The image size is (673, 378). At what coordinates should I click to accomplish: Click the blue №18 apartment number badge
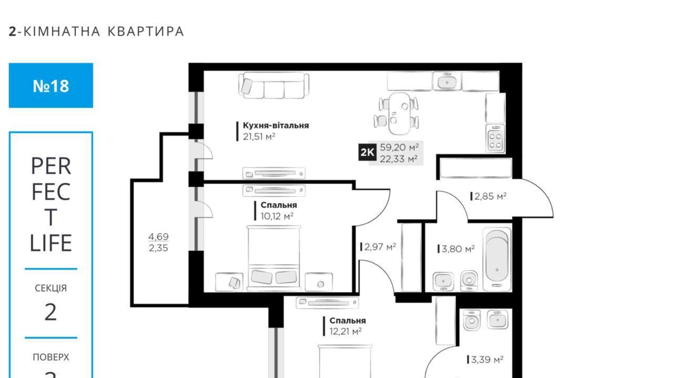(51, 85)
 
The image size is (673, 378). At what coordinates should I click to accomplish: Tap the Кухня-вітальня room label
(276, 125)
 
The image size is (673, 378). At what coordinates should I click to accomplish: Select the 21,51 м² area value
(259, 137)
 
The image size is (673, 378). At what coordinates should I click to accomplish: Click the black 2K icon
(367, 152)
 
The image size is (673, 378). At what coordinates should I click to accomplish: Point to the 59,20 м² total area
(399, 147)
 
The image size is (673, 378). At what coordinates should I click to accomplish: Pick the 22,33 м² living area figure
(399, 159)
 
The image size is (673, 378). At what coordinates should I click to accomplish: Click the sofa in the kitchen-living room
(274, 85)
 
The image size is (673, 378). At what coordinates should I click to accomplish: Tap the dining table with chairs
(397, 113)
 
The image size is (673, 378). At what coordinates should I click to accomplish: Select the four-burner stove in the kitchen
(495, 138)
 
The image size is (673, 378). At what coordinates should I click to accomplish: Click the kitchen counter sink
(447, 81)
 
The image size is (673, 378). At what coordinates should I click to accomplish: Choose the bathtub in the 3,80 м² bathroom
(497, 259)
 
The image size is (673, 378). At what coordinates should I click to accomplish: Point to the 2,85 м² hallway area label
(490, 197)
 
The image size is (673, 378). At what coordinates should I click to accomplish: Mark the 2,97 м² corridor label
(379, 247)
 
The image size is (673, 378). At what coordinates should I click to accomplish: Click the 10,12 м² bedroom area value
(277, 216)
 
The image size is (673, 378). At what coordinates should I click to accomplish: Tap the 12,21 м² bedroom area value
(345, 331)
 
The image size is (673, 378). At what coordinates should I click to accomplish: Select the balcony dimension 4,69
(158, 237)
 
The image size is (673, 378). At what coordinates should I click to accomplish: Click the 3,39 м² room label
(487, 360)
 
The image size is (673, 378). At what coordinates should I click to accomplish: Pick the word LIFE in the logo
(51, 243)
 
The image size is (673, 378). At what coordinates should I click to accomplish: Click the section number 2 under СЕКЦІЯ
(51, 312)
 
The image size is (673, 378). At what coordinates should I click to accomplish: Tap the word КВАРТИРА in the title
(146, 32)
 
